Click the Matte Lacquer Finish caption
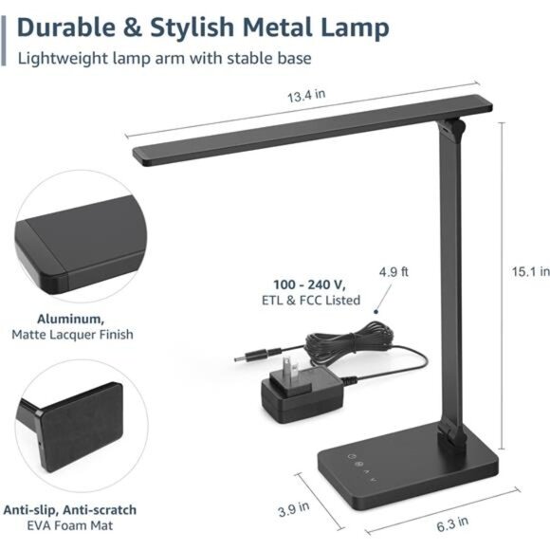click(x=72, y=335)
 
